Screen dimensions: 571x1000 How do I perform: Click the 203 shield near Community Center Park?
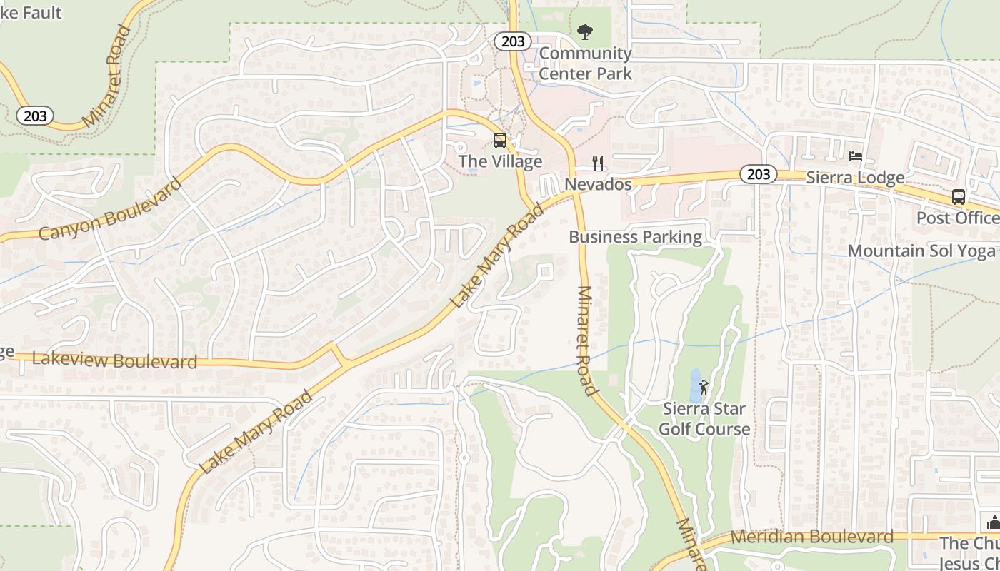click(x=513, y=41)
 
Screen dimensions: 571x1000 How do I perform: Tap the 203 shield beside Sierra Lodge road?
click(x=758, y=173)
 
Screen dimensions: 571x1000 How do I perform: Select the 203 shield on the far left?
click(x=35, y=116)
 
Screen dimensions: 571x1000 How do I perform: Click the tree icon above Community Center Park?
click(x=585, y=31)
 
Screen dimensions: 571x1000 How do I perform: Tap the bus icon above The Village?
click(x=500, y=141)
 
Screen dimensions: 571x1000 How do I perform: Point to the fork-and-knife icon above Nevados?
click(x=599, y=163)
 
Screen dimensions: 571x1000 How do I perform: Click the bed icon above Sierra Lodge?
click(x=855, y=156)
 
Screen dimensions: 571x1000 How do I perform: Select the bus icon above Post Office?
click(x=959, y=197)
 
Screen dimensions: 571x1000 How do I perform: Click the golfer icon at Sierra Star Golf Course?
click(x=704, y=388)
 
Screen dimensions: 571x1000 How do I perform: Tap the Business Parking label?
click(x=635, y=237)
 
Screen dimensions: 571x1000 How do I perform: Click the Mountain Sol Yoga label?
click(x=921, y=251)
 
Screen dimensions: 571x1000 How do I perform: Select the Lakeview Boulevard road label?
click(x=114, y=360)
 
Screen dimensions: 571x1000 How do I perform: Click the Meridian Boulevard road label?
click(x=811, y=537)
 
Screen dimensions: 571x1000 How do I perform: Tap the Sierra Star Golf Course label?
click(x=704, y=419)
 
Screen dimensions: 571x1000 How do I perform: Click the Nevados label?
click(x=599, y=185)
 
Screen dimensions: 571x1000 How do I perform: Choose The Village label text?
click(x=500, y=162)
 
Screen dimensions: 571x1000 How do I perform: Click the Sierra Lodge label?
click(x=855, y=178)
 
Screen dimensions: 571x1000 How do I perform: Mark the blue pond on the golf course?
click(x=696, y=385)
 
